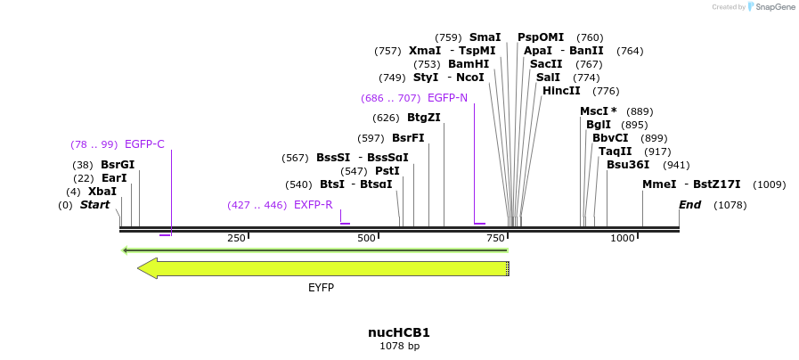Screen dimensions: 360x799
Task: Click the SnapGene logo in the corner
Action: [771, 7]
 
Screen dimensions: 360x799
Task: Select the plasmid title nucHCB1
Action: [399, 332]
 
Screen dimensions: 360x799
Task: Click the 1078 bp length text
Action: [399, 346]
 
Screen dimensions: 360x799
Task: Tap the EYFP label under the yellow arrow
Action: [321, 288]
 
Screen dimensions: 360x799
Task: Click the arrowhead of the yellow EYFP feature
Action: [147, 268]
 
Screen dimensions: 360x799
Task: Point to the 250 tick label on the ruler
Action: [236, 238]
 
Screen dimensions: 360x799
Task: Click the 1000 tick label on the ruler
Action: [623, 238]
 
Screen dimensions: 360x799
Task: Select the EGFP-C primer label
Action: [144, 144]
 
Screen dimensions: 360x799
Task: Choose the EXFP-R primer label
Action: [313, 205]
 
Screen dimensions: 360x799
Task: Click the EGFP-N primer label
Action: [447, 98]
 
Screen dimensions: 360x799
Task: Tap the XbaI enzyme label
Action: [102, 192]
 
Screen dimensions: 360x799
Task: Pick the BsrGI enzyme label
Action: [118, 165]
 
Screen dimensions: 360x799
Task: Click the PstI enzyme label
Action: [387, 171]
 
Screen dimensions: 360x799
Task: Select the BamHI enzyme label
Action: [469, 64]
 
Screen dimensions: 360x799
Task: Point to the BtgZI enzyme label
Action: [424, 118]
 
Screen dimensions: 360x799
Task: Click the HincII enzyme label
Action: [561, 91]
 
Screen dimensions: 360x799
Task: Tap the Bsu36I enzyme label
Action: [628, 165]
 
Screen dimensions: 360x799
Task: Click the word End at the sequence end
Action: [689, 205]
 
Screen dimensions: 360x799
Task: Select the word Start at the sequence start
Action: [94, 205]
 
